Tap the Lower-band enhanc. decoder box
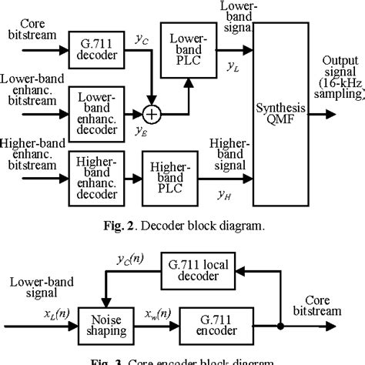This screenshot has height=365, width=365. [92, 109]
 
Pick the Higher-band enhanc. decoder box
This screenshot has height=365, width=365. [92, 172]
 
